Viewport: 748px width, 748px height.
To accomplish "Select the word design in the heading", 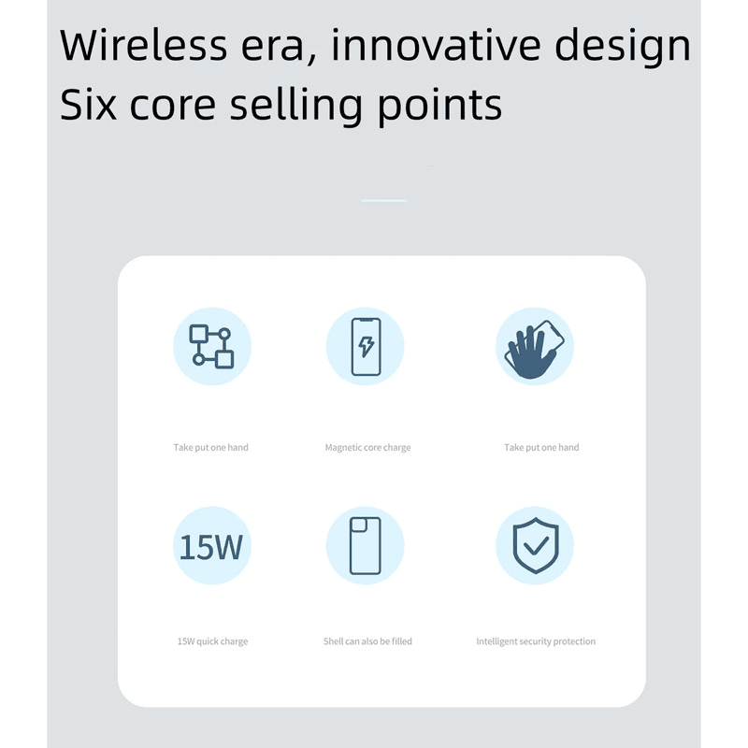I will (621, 47).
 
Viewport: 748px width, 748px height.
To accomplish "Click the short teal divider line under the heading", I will (384, 200).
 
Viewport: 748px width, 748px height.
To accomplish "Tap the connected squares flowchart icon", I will (212, 346).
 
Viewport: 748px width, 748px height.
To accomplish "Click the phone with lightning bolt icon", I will (365, 346).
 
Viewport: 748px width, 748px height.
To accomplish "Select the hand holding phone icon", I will (535, 346).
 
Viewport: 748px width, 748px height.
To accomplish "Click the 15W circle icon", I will (212, 546).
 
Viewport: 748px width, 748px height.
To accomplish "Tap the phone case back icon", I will (365, 546).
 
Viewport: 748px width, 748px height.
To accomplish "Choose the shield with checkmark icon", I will (535, 546).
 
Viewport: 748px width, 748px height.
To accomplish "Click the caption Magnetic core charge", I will (367, 448).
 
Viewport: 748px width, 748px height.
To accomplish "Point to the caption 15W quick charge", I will (212, 641).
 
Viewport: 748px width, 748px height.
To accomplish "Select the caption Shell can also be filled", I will (367, 641).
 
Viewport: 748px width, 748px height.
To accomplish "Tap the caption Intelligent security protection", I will (536, 641).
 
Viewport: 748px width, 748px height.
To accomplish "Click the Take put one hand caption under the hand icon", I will (541, 448).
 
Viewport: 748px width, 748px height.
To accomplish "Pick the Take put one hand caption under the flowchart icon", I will (210, 448).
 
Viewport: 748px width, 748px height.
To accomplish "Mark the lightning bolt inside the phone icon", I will (366, 347).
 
